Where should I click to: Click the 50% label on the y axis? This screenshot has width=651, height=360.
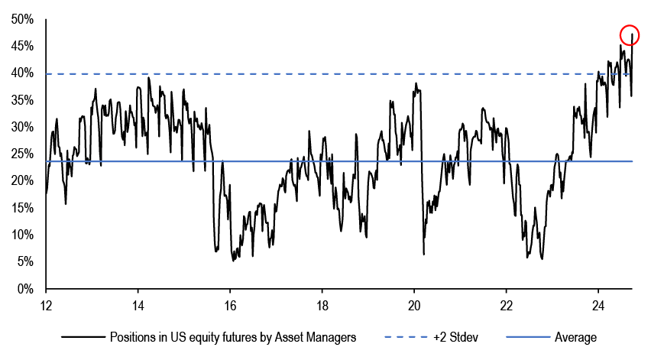[x=22, y=19]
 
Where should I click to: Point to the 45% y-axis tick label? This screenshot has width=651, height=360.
[x=22, y=46]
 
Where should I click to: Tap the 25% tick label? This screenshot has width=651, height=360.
[x=22, y=154]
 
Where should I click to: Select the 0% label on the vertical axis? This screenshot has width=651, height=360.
[x=25, y=289]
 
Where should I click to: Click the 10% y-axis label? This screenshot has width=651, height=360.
[x=22, y=235]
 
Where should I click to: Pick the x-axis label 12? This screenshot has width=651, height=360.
[x=46, y=306]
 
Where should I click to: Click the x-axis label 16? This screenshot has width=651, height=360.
[x=230, y=306]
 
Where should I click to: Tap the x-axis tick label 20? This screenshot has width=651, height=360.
[x=414, y=306]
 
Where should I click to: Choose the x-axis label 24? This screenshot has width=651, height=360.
[x=598, y=306]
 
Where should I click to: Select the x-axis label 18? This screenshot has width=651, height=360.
[x=322, y=306]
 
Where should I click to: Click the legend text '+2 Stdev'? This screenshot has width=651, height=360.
[x=455, y=337]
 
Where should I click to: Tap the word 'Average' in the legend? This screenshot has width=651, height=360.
[x=575, y=337]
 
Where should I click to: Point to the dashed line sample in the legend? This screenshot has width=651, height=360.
[x=406, y=337]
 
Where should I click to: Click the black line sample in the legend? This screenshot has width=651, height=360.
[x=83, y=337]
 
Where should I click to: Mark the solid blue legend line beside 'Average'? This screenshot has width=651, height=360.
[x=528, y=337]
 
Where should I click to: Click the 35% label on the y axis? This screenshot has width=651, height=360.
[x=22, y=100]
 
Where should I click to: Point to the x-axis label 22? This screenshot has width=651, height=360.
[x=506, y=306]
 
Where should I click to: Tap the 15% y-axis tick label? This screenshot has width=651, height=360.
[x=22, y=208]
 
